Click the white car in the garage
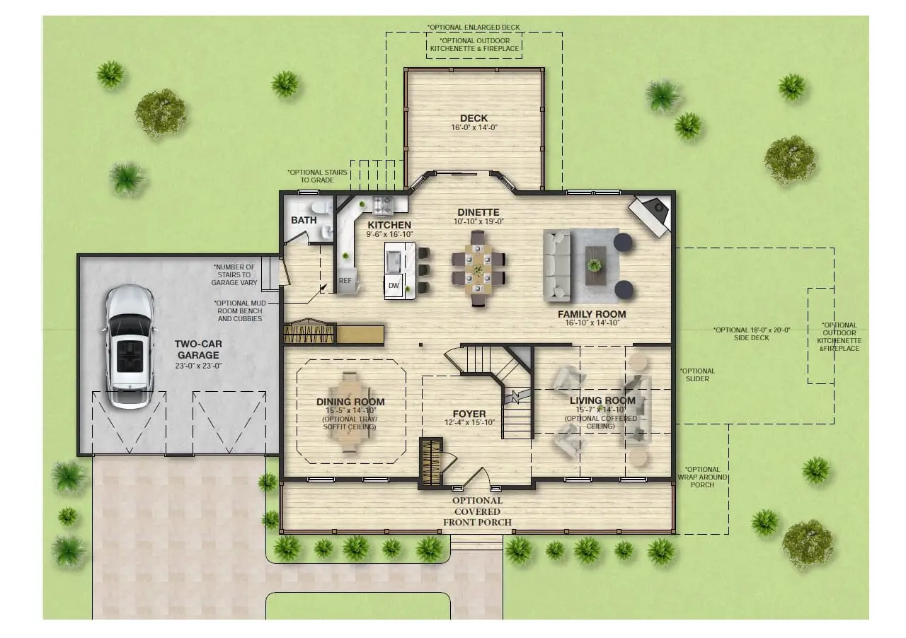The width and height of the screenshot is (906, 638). click(x=130, y=347)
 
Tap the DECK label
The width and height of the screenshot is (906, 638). click(x=474, y=118)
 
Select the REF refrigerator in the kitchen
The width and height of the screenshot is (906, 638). click(x=345, y=280)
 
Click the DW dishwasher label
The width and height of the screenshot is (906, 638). click(x=394, y=286)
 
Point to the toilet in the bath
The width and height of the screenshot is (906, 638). click(x=319, y=208)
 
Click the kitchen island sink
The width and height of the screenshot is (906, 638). click(x=394, y=262)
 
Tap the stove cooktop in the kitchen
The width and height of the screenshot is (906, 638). click(x=382, y=204)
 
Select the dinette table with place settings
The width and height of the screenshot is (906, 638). click(x=478, y=268)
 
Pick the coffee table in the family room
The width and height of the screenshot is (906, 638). click(x=595, y=266)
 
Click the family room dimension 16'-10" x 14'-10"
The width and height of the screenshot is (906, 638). click(x=592, y=323)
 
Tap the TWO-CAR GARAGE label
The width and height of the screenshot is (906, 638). click(x=198, y=349)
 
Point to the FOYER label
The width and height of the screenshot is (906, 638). click(x=469, y=414)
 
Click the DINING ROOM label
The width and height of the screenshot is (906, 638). click(x=350, y=402)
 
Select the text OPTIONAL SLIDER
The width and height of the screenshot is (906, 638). click(x=697, y=375)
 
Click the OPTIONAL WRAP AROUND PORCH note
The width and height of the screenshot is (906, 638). click(x=703, y=477)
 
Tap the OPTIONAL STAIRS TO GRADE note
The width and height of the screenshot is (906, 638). click(x=317, y=176)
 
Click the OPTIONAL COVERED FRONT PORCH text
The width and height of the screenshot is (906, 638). click(x=477, y=511)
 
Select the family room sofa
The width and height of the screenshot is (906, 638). click(x=557, y=266)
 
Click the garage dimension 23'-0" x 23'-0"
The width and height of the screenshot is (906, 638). click(x=198, y=366)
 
